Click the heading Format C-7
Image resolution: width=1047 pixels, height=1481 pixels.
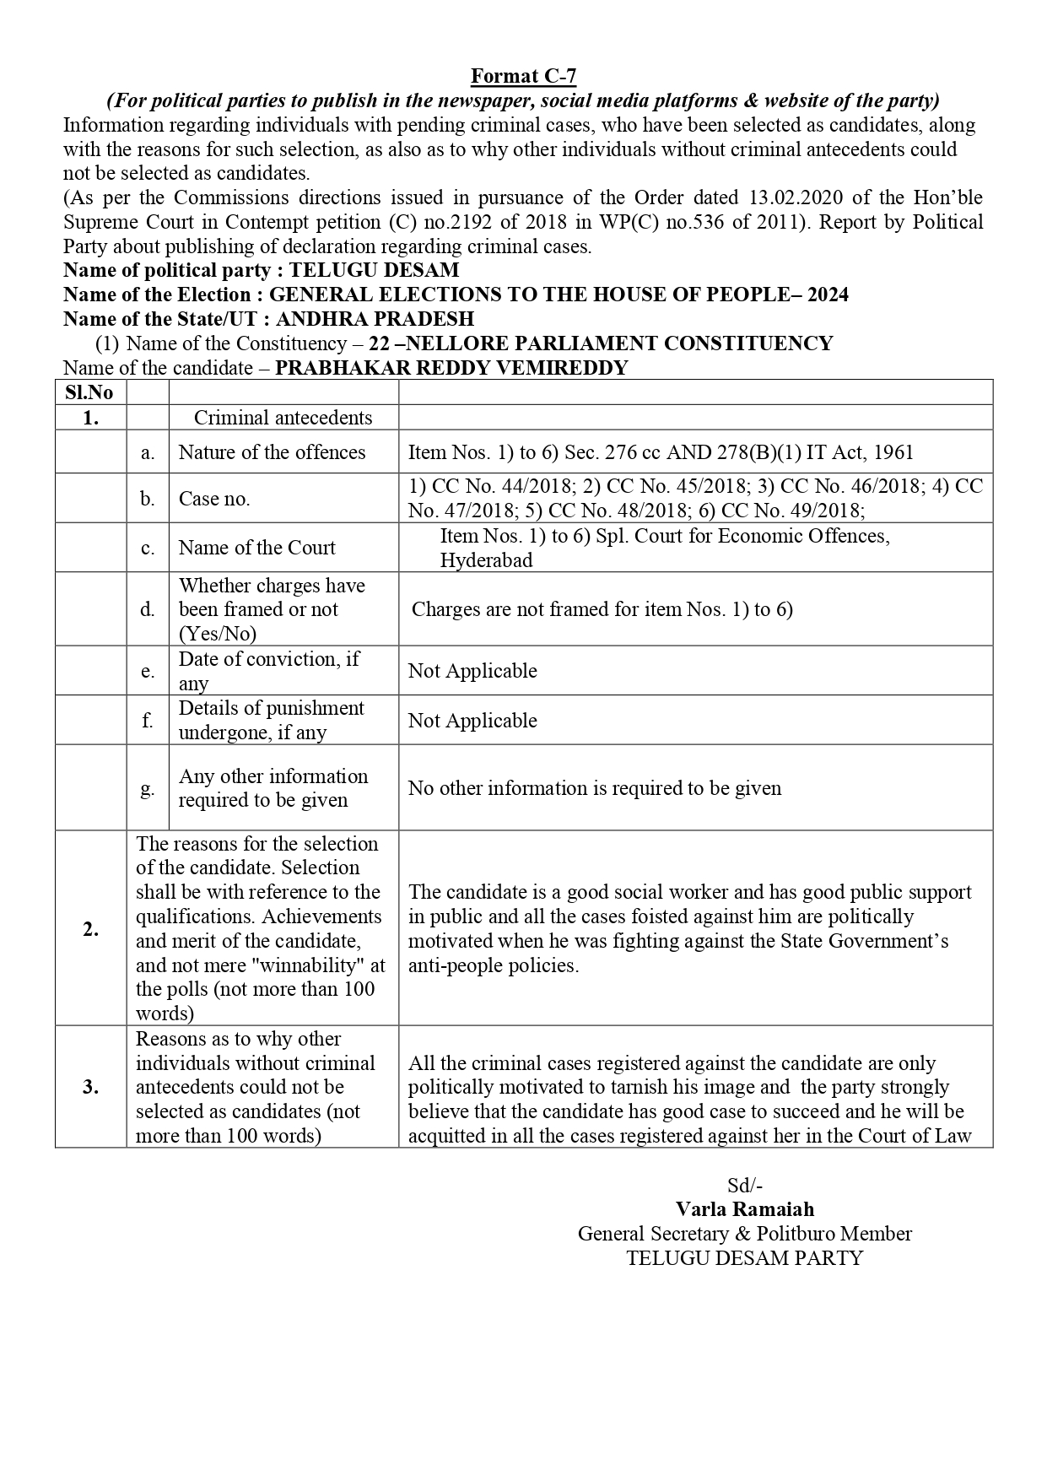click(x=523, y=76)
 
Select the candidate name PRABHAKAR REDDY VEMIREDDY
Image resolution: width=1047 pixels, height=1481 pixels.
click(x=451, y=368)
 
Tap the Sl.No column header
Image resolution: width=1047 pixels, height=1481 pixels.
click(x=89, y=392)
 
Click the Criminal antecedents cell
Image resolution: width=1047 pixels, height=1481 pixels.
click(x=283, y=418)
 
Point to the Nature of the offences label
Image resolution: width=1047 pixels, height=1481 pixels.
click(x=272, y=452)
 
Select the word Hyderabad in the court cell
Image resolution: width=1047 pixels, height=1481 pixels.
click(x=486, y=560)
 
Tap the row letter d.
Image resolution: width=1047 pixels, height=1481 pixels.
click(x=148, y=609)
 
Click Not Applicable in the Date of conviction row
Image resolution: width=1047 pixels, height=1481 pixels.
click(x=472, y=671)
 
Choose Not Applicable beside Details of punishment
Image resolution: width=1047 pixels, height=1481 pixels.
click(x=472, y=721)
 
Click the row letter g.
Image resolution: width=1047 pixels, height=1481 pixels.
click(x=148, y=788)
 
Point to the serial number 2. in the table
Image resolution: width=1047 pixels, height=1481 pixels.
click(x=90, y=929)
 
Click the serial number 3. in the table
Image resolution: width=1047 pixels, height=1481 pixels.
click(x=90, y=1087)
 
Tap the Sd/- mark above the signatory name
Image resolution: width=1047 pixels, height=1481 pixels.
click(x=745, y=1185)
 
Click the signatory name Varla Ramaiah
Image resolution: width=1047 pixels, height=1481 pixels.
click(x=745, y=1209)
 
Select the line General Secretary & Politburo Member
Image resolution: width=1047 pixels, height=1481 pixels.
click(x=745, y=1234)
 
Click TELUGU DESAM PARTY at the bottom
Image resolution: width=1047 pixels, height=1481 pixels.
click(x=745, y=1258)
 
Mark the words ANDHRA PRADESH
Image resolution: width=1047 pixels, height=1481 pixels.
click(x=375, y=319)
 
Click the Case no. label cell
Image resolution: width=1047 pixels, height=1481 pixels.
click(x=214, y=499)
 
